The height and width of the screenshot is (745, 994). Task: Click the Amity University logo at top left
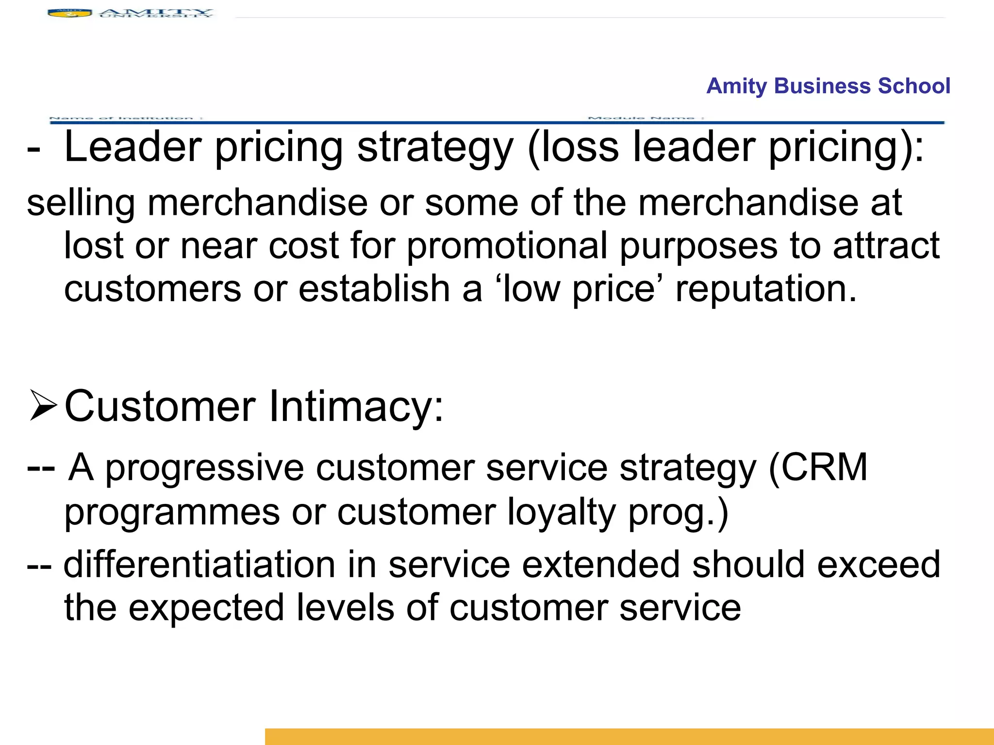click(130, 13)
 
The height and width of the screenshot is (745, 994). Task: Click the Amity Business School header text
click(828, 86)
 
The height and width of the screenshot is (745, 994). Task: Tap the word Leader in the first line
click(133, 147)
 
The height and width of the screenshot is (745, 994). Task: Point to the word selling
click(81, 204)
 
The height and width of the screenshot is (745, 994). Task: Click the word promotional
click(507, 246)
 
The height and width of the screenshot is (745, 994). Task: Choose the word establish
click(374, 289)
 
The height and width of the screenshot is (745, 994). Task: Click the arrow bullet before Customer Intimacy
click(43, 405)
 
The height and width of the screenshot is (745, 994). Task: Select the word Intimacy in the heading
click(356, 406)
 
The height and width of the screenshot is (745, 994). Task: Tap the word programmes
click(172, 513)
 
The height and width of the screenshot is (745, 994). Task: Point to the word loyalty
click(562, 513)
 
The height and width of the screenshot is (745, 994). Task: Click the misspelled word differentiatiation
click(199, 565)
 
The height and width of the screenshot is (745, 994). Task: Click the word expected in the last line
click(206, 608)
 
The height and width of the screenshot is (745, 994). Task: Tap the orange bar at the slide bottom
click(629, 736)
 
